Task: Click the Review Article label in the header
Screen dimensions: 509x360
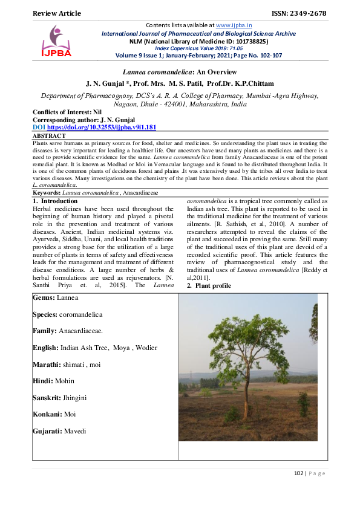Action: pyautogui.click(x=56, y=13)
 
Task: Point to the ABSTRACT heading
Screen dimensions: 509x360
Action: pyautogui.click(x=50, y=137)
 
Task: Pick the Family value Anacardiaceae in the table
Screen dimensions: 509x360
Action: pyautogui.click(x=81, y=331)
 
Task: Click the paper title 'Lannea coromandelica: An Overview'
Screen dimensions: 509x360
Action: pyautogui.click(x=180, y=71)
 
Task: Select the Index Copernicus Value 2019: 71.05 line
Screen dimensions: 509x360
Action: pyautogui.click(x=194, y=48)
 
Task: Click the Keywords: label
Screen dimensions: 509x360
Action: pyautogui.click(x=47, y=192)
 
